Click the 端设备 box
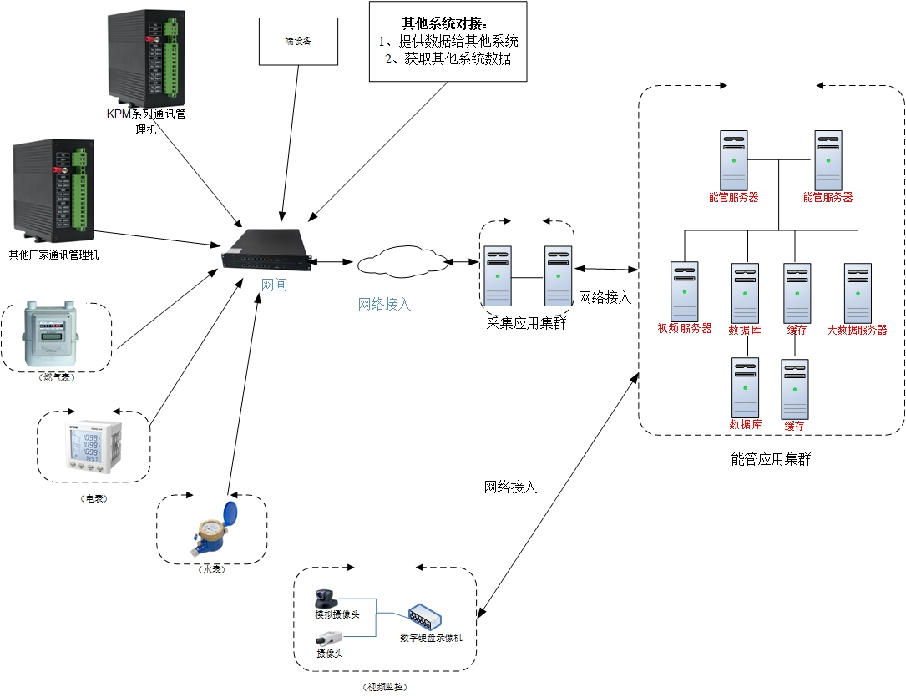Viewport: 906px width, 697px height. tap(298, 40)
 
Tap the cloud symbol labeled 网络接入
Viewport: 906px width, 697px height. tap(402, 261)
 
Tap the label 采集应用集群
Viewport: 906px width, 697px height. tap(526, 323)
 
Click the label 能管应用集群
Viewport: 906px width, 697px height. tap(770, 459)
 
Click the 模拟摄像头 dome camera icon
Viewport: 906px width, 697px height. tap(326, 599)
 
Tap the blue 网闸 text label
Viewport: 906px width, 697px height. tap(274, 285)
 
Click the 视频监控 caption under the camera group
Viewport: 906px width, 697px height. tap(385, 686)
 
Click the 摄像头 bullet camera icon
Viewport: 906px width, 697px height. tap(327, 639)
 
